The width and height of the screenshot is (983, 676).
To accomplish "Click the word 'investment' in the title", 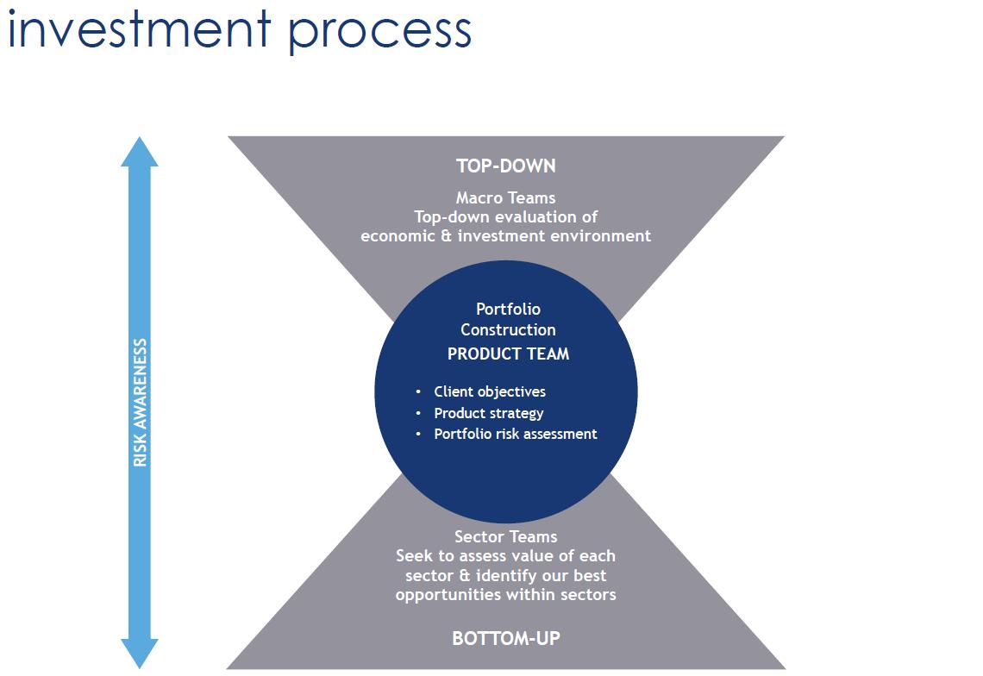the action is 139,28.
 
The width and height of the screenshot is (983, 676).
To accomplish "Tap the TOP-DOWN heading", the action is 506,166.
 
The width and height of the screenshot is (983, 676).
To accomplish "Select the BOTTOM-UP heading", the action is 506,638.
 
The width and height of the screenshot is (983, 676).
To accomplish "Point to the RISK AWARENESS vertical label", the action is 140,403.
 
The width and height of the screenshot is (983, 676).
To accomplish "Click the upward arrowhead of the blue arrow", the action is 139,152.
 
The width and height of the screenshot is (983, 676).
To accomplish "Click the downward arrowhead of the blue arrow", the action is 139,654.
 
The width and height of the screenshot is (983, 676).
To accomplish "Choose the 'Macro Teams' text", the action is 506,197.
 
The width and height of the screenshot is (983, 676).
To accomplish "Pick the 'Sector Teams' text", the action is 506,537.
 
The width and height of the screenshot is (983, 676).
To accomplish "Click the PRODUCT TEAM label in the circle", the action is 509,354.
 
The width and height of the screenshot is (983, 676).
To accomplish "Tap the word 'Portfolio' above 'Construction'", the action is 509,309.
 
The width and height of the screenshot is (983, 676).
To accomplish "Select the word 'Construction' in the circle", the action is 509,329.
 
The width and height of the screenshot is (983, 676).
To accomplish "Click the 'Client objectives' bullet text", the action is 490,392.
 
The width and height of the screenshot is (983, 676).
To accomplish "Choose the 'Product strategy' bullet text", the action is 488,413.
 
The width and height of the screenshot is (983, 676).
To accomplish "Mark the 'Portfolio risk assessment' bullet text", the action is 516,434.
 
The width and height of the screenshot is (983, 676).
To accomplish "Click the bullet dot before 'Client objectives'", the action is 418,392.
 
